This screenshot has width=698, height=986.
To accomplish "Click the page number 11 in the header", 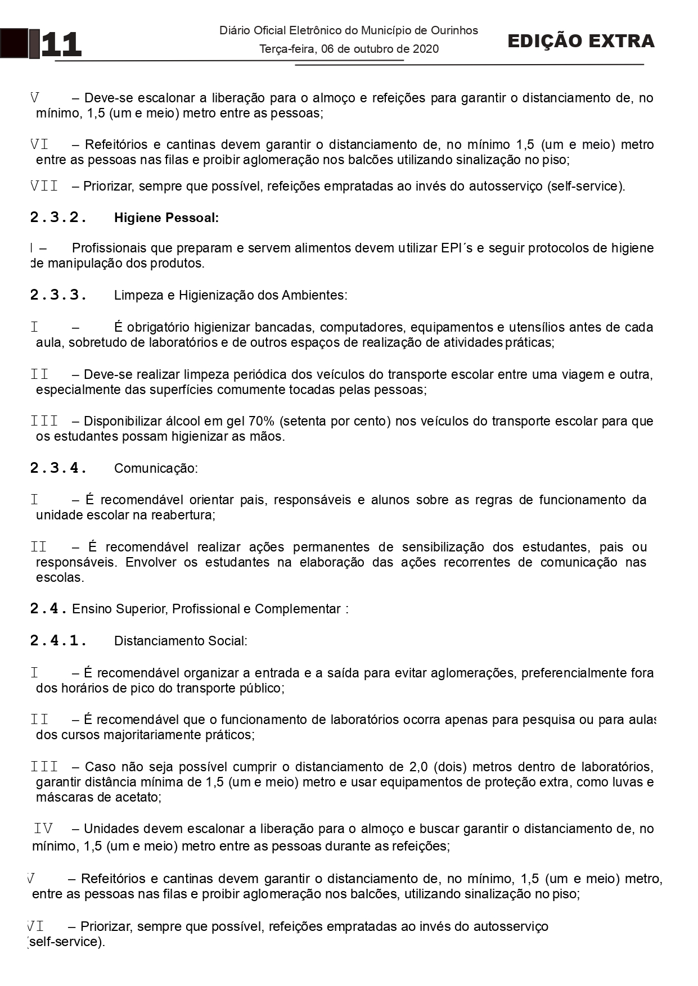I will coord(61,45).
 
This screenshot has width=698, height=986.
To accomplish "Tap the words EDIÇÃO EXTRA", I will coord(580,41).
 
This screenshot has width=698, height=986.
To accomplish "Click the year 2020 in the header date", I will coord(426,49).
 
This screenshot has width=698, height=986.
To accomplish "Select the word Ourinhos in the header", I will coord(454,30).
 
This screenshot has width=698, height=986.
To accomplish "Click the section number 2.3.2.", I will coord(58,218).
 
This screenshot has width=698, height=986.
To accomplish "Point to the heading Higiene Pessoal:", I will coord(166,218).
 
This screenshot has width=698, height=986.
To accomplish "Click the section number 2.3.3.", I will coord(58,295).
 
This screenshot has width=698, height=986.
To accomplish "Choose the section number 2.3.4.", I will coord(58,468).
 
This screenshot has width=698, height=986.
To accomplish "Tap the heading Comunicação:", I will coord(156,468).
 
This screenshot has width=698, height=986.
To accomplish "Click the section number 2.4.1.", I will coord(58,641).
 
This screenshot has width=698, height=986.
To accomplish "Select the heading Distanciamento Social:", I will coord(181,641).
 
